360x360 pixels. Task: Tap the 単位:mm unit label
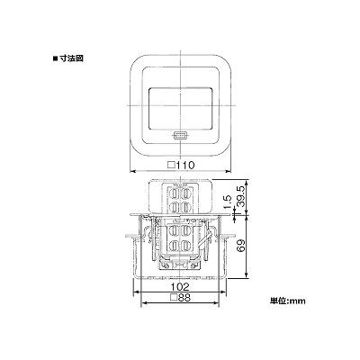[288, 301]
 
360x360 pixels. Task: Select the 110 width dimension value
[185, 165]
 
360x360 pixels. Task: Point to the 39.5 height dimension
[240, 195]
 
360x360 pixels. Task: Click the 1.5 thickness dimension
[229, 202]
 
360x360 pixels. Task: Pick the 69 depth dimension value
[240, 247]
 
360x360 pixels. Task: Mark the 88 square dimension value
[184, 298]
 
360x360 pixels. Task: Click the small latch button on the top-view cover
[180, 136]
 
